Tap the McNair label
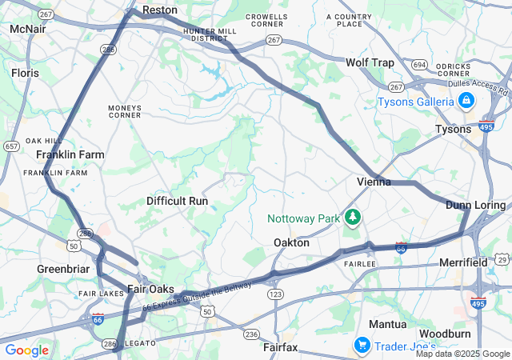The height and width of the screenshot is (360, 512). pos(27,29)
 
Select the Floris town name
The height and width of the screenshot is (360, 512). pos(25,72)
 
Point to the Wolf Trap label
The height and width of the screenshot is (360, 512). pos(370,62)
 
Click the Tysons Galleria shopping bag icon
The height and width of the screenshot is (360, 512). pos(466,101)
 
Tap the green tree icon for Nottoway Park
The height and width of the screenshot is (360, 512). pos(352,218)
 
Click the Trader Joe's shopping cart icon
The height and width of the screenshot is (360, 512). pos(362,345)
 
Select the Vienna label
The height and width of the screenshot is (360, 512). pos(374,182)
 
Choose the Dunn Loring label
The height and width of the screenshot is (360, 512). pos(475,206)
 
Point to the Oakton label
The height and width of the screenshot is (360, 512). pos(291,242)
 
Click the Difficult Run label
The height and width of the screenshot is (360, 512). pos(177,201)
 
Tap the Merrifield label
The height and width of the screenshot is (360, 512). pos(463,262)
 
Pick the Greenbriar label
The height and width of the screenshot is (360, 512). pos(62,270)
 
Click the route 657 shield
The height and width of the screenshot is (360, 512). pos(11,146)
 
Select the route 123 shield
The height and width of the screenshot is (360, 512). pos(276,295)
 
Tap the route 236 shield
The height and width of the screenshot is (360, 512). pos(251,334)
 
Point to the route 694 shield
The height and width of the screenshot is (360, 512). pos(419,63)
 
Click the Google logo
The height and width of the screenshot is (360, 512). pos(26,350)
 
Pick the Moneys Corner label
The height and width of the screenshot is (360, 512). pos(125,111)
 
